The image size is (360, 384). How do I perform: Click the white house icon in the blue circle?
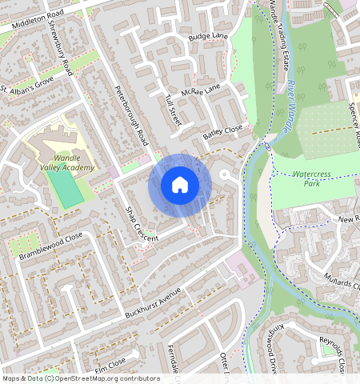(180, 185)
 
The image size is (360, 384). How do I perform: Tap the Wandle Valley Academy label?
(67, 162)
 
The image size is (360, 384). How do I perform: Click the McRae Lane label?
(201, 92)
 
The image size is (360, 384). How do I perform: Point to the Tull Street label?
(172, 109)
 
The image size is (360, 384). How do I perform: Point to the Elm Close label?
(110, 366)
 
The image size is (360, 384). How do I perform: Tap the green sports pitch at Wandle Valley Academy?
(64, 189)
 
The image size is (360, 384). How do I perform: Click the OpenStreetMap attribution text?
(81, 378)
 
